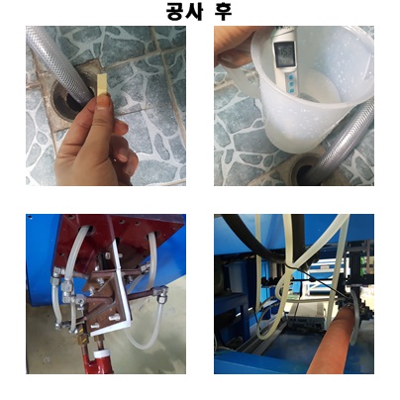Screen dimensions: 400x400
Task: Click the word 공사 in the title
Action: [x=184, y=12]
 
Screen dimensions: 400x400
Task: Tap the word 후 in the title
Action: [x=223, y=12]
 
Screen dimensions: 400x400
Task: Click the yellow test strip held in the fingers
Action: [x=101, y=85]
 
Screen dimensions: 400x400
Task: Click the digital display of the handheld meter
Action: [x=283, y=54]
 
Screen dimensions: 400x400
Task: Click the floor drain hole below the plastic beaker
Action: [x=304, y=171]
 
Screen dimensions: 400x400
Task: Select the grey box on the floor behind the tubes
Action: [x=305, y=319]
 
